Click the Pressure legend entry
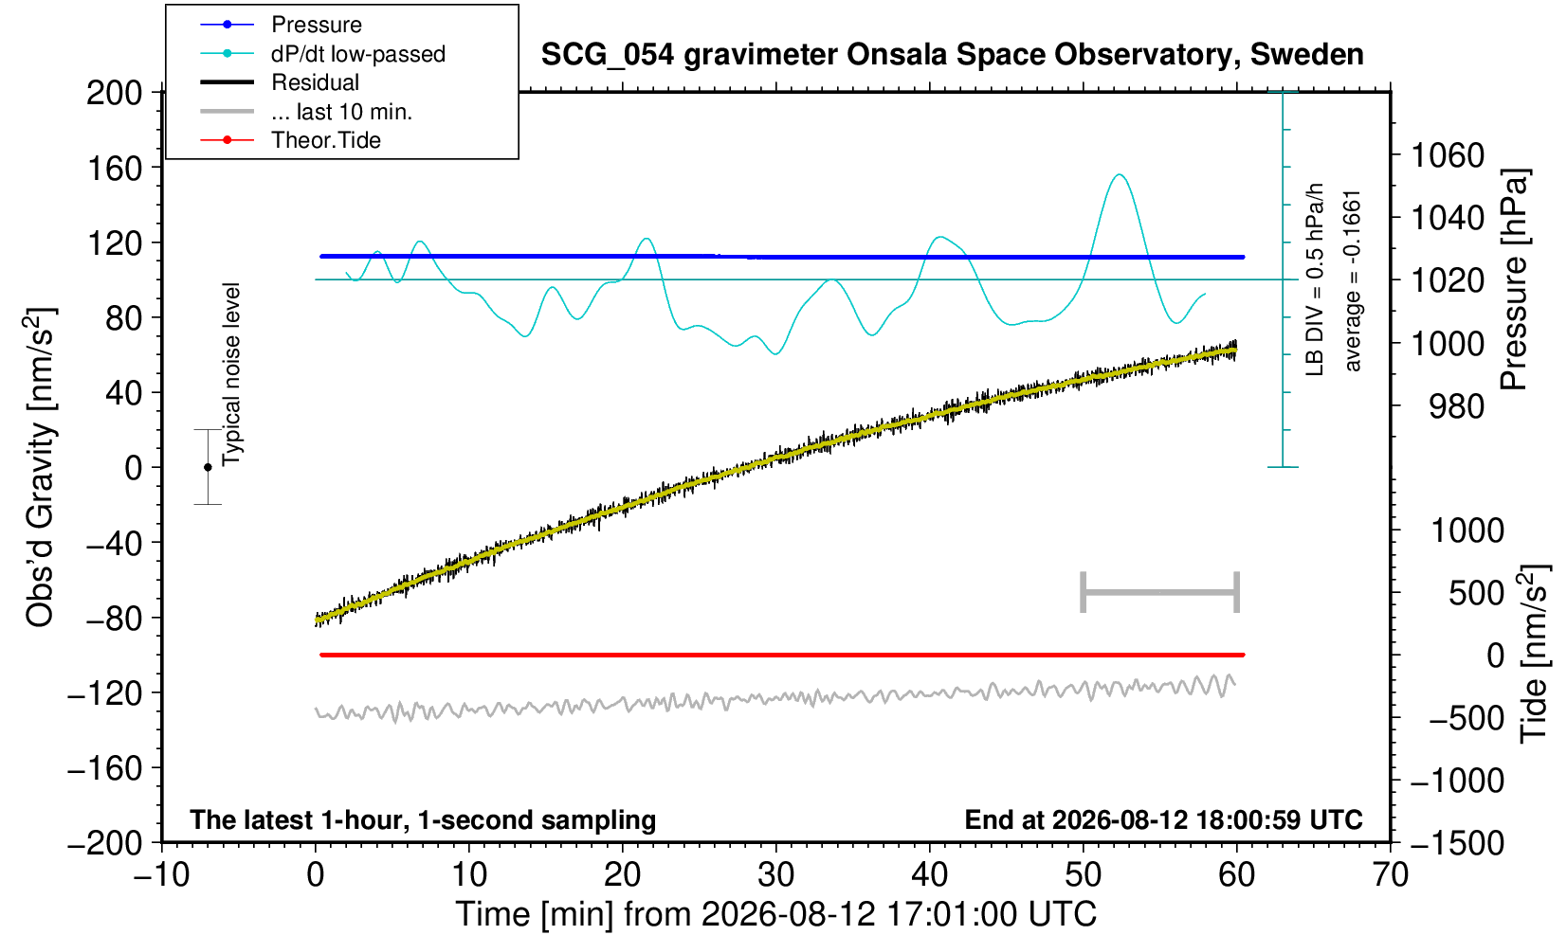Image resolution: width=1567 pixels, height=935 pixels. click(282, 25)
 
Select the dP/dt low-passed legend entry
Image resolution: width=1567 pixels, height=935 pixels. click(322, 54)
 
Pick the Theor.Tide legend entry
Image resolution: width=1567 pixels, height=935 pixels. click(290, 140)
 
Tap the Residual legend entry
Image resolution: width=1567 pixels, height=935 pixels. click(280, 82)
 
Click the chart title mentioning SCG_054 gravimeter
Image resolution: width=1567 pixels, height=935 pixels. click(952, 55)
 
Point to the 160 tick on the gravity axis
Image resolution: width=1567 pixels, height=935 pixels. click(114, 169)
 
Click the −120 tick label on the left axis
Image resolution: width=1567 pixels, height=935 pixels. click(104, 693)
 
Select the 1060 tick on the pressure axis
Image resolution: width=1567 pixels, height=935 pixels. click(1448, 155)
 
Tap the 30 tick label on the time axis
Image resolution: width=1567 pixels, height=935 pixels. click(775, 875)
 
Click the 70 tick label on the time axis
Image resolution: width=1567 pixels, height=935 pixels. click(1390, 875)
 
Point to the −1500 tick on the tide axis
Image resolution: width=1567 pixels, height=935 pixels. click(1457, 843)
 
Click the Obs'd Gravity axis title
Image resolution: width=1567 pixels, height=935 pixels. click(40, 467)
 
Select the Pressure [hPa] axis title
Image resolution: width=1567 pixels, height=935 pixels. click(1515, 279)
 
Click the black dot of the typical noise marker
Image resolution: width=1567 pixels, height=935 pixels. click(208, 467)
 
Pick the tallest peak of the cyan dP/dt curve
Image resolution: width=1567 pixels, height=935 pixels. click(1120, 175)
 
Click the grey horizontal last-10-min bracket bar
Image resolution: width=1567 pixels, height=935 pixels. click(1160, 592)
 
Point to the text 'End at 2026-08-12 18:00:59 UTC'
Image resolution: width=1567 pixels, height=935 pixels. click(1163, 819)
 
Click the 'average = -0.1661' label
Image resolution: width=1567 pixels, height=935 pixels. click(1352, 280)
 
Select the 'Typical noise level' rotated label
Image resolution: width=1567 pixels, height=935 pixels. click(231, 375)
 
